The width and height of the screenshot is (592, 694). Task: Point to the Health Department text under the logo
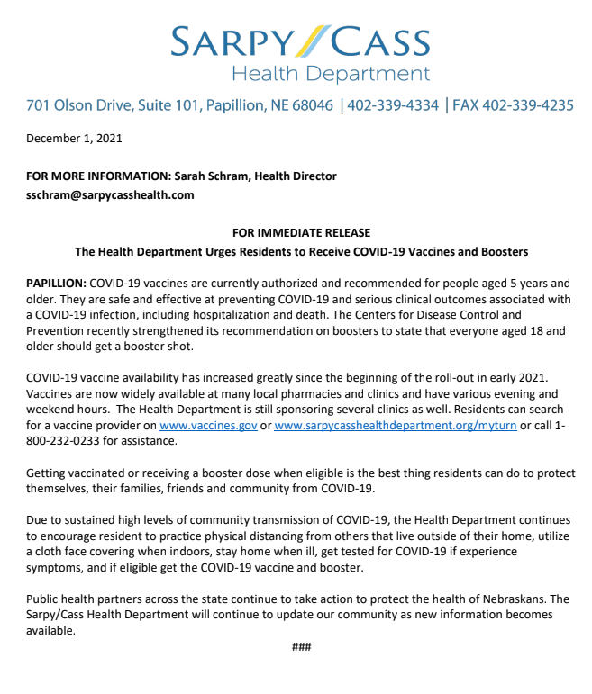[330, 74]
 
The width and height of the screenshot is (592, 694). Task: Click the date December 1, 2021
[74, 139]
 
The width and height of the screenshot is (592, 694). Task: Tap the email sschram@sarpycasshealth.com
[110, 194]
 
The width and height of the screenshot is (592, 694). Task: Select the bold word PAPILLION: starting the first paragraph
[56, 283]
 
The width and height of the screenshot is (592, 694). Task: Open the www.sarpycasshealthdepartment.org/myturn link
[395, 425]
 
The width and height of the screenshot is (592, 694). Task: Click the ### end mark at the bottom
[301, 647]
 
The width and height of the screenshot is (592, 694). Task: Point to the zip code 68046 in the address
[309, 105]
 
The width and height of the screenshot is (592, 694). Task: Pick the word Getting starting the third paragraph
[46, 473]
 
